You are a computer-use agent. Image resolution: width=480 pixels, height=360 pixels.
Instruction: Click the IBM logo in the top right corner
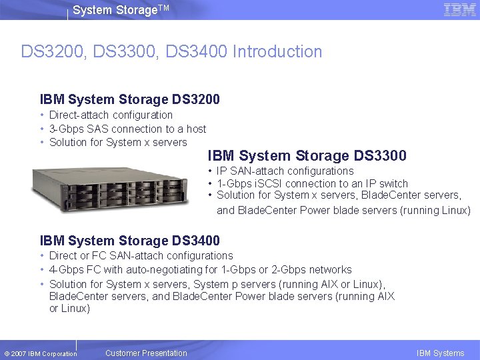pos(459,10)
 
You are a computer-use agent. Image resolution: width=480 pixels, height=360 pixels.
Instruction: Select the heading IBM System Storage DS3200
pos(130,99)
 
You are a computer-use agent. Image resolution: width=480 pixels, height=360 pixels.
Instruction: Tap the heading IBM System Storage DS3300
pos(307,155)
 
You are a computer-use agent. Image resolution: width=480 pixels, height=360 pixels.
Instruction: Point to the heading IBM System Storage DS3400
pos(130,241)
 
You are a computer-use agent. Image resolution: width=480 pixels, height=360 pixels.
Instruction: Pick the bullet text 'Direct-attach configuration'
pos(111,115)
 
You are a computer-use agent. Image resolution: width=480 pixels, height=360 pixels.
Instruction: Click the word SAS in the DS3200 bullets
pos(98,129)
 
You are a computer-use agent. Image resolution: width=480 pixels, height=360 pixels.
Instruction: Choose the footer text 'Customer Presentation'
pos(146,353)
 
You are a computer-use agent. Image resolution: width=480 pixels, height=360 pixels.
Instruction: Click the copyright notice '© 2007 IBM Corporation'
pos(40,353)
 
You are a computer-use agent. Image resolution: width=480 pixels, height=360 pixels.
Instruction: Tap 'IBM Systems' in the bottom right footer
pos(440,353)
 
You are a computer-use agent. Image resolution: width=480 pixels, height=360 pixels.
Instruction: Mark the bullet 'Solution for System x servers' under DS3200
pos(118,142)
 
